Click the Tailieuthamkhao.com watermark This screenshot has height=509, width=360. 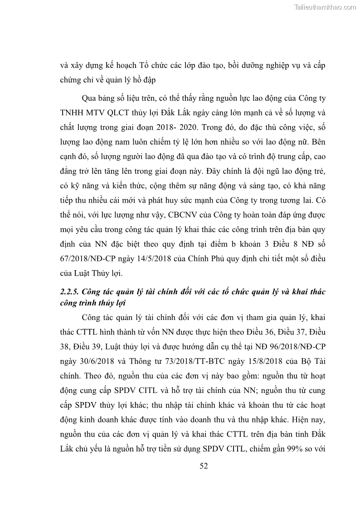pos(326,7)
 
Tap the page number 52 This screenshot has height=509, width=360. pos(204,466)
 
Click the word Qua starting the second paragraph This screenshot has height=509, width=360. pos(90,97)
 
